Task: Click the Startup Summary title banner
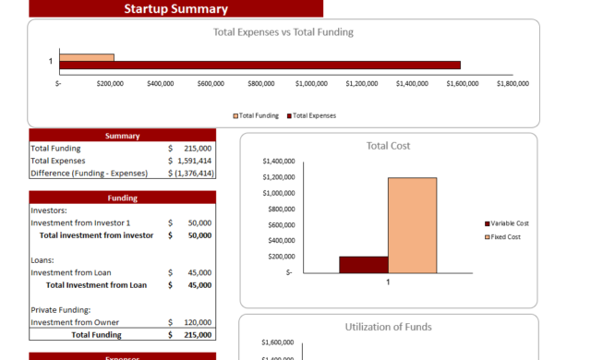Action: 175,9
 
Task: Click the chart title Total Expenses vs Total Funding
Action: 283,32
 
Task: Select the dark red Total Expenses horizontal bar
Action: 259,65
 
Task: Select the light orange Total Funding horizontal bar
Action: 87,57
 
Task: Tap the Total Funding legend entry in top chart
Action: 259,116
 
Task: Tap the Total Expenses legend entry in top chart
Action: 314,116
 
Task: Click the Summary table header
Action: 122,136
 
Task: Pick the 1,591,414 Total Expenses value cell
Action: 193,161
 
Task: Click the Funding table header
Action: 122,198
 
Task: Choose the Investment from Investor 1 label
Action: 80,223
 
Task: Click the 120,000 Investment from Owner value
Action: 199,322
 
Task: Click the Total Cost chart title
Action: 388,146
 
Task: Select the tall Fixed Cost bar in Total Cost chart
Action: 412,225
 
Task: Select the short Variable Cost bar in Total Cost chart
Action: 363,265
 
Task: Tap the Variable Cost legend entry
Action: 508,223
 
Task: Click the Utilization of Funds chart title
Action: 388,327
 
